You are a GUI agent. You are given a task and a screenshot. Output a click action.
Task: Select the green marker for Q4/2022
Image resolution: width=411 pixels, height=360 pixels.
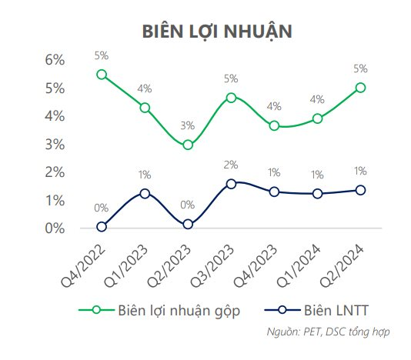(102, 75)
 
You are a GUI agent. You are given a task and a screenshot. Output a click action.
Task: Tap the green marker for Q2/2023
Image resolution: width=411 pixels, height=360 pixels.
(188, 145)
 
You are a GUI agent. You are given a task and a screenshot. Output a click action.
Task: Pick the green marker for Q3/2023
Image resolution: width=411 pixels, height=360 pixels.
(231, 98)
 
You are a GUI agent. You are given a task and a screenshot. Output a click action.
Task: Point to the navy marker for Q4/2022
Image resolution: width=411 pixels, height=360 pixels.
(102, 227)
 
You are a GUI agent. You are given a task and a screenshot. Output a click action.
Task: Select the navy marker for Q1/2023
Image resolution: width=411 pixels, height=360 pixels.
(145, 194)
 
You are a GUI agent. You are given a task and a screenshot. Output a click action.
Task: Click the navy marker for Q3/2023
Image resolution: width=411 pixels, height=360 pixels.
(231, 184)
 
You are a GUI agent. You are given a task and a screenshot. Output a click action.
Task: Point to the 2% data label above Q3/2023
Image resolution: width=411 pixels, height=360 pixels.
(231, 165)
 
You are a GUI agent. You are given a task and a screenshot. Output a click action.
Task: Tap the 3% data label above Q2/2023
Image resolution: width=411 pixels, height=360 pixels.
(188, 125)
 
